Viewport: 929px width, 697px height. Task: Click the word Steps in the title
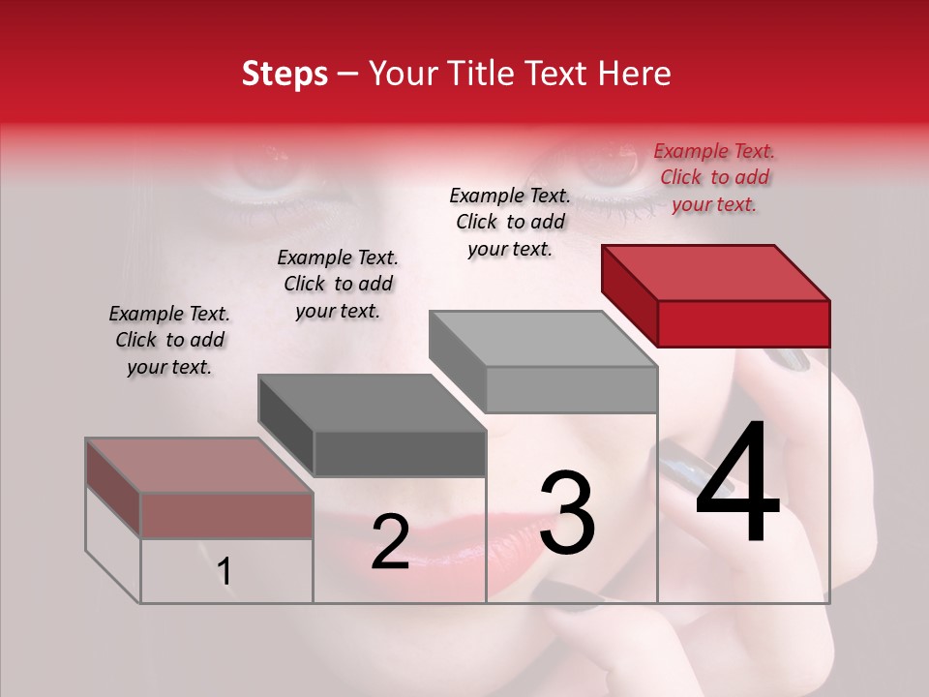(285, 74)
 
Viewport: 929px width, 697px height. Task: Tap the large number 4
(737, 484)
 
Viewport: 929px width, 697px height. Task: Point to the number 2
(390, 541)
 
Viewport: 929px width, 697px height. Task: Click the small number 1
(224, 571)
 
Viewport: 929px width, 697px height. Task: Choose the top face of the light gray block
(542, 339)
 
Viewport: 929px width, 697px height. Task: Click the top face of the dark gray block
(371, 403)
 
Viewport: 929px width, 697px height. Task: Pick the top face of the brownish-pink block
(198, 466)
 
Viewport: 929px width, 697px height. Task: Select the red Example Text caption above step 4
(714, 177)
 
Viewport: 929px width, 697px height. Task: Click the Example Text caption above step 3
(510, 222)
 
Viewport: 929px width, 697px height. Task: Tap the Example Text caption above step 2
(338, 284)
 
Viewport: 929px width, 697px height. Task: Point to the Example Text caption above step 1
(169, 340)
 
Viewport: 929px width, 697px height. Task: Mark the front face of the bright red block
(743, 323)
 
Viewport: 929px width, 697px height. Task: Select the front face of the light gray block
(571, 389)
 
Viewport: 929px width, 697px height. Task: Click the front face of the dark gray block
(399, 453)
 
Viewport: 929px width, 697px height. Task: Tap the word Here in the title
(636, 74)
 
